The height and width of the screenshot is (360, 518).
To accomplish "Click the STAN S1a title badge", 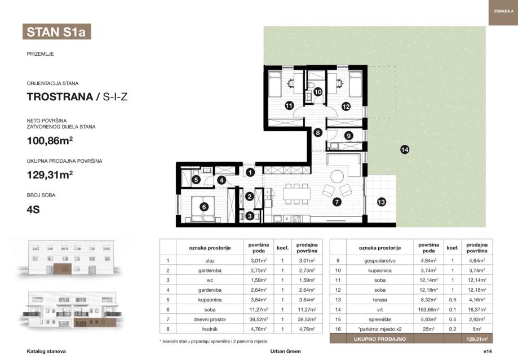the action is point(56,32).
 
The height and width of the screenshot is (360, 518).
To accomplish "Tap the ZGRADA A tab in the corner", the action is point(503,12).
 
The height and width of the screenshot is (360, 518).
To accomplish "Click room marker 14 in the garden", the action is point(405,150).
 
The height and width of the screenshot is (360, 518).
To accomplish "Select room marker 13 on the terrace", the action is point(381,202).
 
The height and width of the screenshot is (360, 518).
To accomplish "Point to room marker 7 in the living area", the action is point(337,202).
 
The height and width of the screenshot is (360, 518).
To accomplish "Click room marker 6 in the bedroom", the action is point(204,207).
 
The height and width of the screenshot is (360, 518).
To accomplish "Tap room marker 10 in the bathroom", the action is point(318,92).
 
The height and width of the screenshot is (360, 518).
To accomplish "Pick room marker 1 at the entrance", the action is point(250,172).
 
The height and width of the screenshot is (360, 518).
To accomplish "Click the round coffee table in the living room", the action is point(337,176).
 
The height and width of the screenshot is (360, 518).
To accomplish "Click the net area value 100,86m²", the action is point(50,141).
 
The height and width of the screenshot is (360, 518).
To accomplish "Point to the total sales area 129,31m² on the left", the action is point(50,175).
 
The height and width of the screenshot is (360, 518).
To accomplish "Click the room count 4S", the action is point(33,210).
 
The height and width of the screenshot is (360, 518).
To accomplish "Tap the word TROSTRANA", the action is point(60,97).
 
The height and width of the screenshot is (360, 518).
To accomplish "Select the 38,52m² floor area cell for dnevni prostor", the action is point(259,319).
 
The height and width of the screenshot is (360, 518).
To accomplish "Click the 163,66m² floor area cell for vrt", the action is point(428,309).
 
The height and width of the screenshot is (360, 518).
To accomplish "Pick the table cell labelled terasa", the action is point(380,300).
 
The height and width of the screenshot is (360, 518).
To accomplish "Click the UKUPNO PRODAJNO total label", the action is point(380,339).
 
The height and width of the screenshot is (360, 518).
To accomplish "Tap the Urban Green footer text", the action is point(285,352).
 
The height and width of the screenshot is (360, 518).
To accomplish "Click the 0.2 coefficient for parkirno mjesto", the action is point(453,329).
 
